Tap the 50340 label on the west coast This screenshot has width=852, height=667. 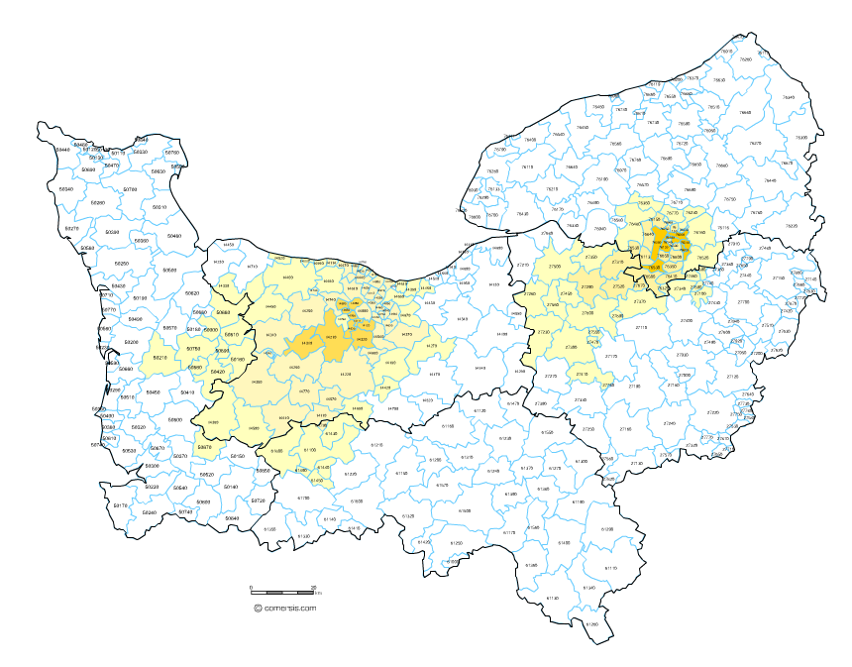[66, 188]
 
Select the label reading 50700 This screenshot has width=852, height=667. [130, 188]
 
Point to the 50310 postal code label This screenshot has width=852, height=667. [158, 207]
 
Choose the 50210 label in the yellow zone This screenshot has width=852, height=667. [160, 358]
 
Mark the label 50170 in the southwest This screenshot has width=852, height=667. [121, 505]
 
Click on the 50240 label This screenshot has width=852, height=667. [150, 512]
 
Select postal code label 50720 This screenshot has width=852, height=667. [258, 500]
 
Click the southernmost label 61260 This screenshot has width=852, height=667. [592, 624]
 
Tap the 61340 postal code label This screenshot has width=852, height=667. [589, 588]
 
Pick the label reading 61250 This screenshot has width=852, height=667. [457, 544]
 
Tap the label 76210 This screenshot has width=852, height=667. [553, 188]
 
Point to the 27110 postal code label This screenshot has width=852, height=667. [641, 327]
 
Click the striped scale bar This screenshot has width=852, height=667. [281, 593]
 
